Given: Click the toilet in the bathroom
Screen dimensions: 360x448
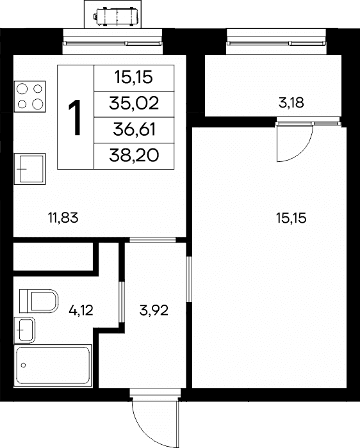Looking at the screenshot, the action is point(38,301).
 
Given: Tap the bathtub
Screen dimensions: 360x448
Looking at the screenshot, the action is point(53,365).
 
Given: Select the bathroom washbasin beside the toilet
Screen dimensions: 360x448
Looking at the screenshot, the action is point(24,330).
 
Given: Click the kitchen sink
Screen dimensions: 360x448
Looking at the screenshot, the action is point(29,169).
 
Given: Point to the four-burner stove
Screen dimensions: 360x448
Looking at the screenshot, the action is point(29,97).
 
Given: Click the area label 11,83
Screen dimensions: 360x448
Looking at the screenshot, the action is point(63,218).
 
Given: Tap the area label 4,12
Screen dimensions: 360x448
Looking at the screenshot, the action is point(81,310).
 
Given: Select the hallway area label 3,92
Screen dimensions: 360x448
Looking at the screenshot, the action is point(154,310).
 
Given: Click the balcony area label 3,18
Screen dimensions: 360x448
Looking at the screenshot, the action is point(291,103).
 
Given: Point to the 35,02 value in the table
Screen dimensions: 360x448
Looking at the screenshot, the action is point(134,103).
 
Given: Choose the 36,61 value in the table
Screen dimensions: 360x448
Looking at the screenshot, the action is point(134,129).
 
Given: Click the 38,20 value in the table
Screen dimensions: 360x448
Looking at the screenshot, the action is point(134,156).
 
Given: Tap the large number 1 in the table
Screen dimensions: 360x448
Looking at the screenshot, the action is point(74,117).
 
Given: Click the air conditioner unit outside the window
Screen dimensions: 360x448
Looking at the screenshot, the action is point(117,17).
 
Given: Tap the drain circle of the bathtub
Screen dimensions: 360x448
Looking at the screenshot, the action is point(24,365).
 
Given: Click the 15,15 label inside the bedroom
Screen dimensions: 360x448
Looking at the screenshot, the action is point(291,218).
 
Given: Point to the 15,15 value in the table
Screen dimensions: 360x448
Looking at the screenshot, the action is point(134,77).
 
